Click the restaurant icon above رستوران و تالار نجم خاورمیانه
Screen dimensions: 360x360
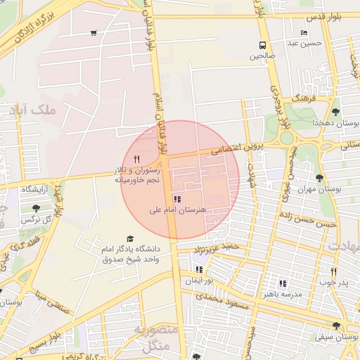point(136,160)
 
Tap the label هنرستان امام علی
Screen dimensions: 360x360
point(177,210)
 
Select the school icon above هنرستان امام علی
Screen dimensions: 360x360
point(176,199)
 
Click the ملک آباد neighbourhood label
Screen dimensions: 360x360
point(34,110)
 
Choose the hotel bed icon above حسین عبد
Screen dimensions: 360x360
point(304,32)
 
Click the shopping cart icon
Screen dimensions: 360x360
point(94,32)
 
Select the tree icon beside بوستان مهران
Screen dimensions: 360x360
point(320,178)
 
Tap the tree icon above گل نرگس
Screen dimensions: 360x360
point(36,208)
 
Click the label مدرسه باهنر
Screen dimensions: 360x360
point(282,294)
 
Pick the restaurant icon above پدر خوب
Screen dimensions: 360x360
point(333,271)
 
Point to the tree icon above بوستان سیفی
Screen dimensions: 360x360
point(336,326)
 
